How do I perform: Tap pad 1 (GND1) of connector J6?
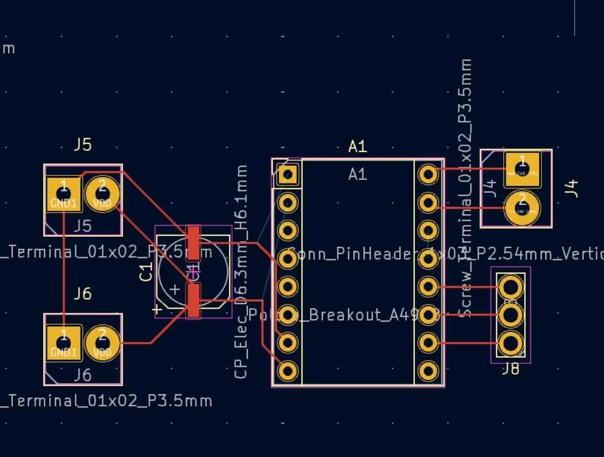[x=63, y=343]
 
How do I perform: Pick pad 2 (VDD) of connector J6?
[x=102, y=343]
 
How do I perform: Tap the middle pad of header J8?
[x=511, y=315]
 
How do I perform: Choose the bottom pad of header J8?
[x=511, y=344]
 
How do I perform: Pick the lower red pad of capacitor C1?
[x=193, y=300]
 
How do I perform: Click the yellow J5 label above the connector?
[x=83, y=145]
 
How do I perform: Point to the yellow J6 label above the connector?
[x=83, y=293]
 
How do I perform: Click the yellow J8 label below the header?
[x=510, y=370]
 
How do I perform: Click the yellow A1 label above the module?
[x=357, y=147]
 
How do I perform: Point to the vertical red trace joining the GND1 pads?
[x=64, y=267]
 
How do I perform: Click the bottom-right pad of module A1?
[x=428, y=371]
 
